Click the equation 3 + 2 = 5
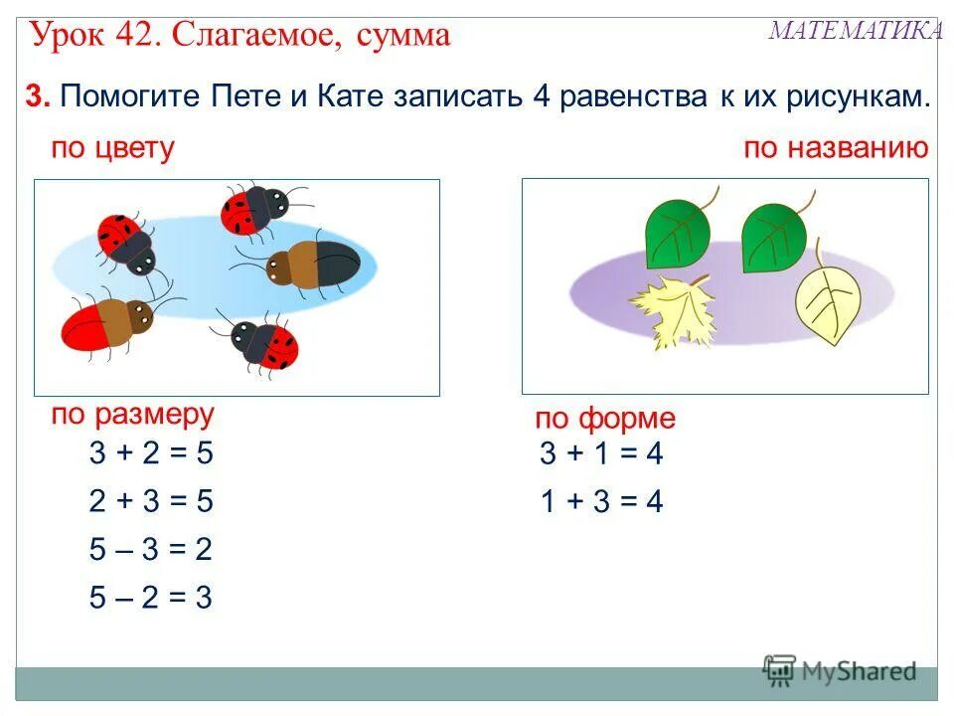151,453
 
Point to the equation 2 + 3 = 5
151,501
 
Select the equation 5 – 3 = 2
151,550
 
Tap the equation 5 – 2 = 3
151,598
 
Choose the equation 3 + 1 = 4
600,454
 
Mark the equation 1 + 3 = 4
600,502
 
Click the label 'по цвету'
112,149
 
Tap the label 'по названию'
836,149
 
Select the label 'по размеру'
132,414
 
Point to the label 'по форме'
604,419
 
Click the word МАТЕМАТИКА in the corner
856,31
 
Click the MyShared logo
840,670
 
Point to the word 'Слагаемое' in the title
254,36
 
